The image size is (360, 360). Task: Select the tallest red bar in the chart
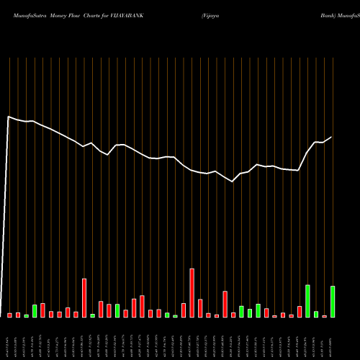[x=192, y=292]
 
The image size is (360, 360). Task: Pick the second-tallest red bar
[x=84, y=297]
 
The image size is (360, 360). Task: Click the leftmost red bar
[x=10, y=315]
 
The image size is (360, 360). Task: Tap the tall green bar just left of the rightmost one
[x=307, y=300]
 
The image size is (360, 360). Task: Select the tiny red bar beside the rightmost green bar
[x=324, y=316]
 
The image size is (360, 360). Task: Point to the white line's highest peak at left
[x=9, y=117]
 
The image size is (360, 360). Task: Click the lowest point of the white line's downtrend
[x=233, y=181]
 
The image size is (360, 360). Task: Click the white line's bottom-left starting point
[x=1, y=315]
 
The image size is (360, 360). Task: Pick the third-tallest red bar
[x=225, y=304]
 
